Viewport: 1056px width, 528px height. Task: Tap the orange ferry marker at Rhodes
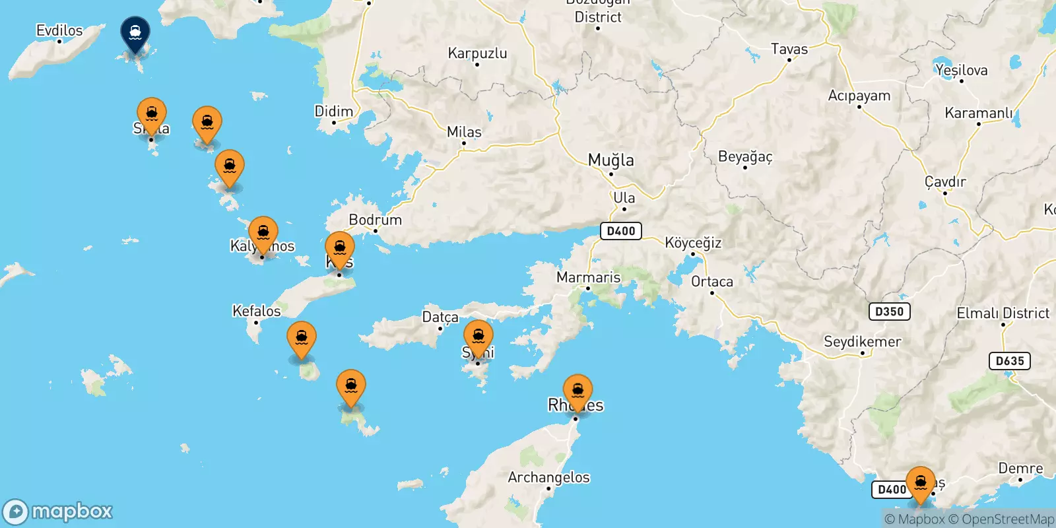pos(577,390)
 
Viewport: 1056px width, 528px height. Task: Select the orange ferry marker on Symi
pos(478,337)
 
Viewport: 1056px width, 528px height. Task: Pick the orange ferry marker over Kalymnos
pos(263,233)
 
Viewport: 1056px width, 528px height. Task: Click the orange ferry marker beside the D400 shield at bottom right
pos(920,482)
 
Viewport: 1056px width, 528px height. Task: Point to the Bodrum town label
pos(375,220)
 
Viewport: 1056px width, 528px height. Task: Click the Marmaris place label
pos(588,277)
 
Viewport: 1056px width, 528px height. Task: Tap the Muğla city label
pos(610,160)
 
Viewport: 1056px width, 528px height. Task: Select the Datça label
pos(440,317)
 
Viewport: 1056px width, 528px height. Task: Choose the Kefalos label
pos(256,311)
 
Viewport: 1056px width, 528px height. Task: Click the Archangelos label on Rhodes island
pos(548,477)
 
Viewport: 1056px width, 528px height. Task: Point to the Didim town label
pos(333,111)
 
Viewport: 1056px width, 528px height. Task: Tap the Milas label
pos(464,132)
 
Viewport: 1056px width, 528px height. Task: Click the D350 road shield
pos(889,312)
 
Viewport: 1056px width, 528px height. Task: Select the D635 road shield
pos(1010,361)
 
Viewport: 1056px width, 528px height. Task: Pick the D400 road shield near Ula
pos(620,231)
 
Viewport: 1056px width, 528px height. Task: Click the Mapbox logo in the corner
pos(58,511)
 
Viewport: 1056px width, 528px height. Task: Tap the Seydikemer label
pos(862,342)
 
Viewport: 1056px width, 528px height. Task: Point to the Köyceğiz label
pos(692,243)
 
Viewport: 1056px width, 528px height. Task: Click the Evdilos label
pos(59,30)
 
